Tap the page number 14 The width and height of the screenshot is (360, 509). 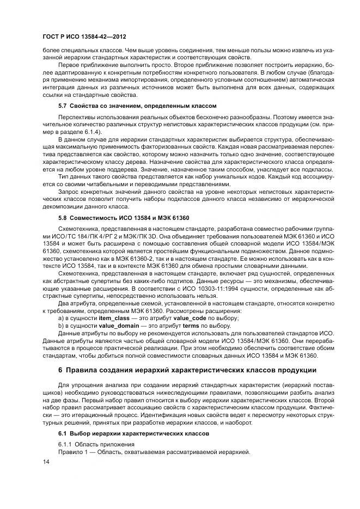tap(45, 462)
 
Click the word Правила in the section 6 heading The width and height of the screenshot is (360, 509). tap(84, 370)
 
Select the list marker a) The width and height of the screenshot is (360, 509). tap(61, 317)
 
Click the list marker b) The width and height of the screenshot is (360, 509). tap(61, 325)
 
